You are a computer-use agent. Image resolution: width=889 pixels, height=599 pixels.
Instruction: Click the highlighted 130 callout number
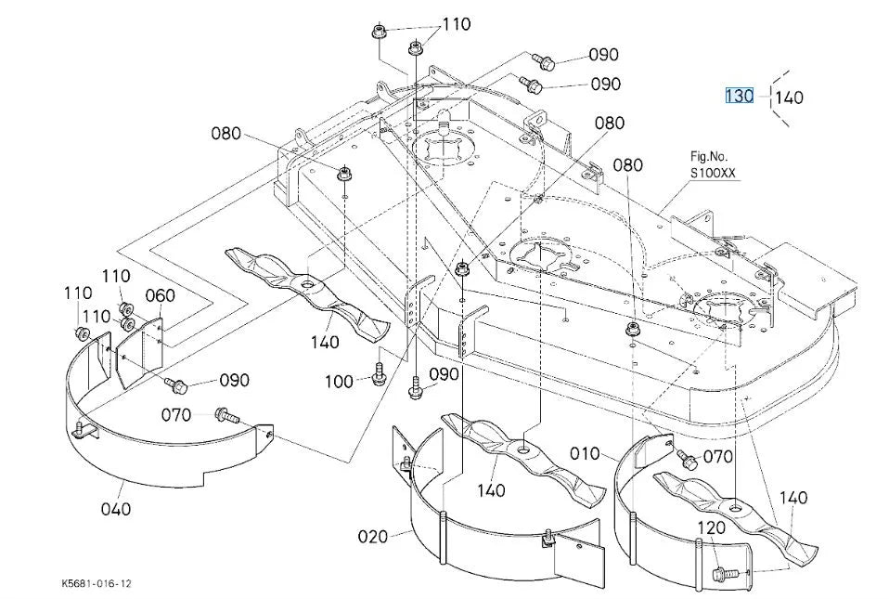click(740, 96)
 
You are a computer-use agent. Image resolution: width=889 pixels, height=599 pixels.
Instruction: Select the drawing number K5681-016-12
click(97, 583)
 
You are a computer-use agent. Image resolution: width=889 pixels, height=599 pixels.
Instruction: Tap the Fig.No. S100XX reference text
click(712, 164)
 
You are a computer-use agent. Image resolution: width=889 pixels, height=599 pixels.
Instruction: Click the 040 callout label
click(116, 509)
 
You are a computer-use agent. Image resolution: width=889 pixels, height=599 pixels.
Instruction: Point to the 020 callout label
click(372, 536)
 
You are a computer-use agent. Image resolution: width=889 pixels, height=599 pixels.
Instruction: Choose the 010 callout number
click(585, 453)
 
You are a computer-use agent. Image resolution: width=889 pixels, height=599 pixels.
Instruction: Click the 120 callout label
click(711, 527)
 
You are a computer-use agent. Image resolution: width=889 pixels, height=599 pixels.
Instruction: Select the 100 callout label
click(339, 381)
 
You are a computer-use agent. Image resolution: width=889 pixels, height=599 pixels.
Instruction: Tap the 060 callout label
click(160, 295)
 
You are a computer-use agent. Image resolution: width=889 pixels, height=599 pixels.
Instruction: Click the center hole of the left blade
click(307, 282)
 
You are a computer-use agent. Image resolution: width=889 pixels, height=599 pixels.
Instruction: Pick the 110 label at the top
click(457, 24)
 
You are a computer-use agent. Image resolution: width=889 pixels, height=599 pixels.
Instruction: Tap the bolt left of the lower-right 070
click(686, 458)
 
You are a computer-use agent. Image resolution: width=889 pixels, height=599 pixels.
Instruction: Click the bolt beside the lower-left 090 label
click(175, 385)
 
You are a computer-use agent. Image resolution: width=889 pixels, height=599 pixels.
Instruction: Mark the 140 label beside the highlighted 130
click(789, 98)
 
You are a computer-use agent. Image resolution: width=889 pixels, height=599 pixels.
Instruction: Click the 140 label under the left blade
click(325, 342)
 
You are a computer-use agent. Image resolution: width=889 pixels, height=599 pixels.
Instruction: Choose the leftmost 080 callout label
click(225, 134)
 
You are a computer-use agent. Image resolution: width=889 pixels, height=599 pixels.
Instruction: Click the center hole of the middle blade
click(524, 449)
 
